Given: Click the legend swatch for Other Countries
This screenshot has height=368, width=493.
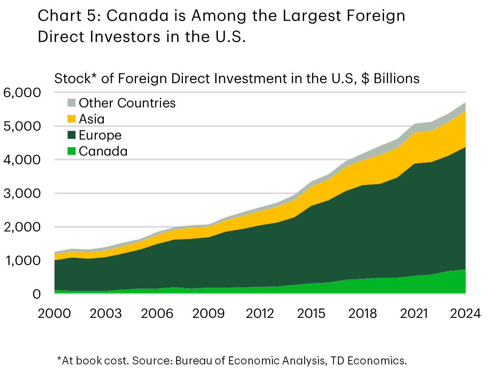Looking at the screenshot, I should click(71, 103).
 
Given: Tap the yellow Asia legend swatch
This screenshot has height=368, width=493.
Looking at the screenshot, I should click(71, 119).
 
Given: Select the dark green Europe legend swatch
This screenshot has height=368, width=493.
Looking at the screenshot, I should click(71, 135).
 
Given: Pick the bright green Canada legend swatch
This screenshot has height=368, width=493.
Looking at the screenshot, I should click(71, 151).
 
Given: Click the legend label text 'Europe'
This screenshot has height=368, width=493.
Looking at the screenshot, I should click(100, 135).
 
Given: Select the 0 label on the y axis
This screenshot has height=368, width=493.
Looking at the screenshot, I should click(37, 294).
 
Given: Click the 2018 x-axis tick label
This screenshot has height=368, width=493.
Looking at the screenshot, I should click(362, 313).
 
